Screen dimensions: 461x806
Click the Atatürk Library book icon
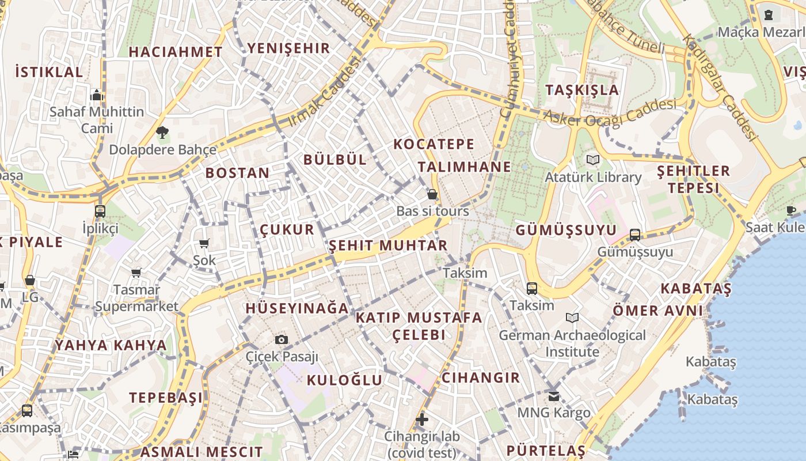click(593, 160)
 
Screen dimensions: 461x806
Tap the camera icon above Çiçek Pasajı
click(281, 339)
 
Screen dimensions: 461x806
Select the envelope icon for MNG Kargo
click(553, 396)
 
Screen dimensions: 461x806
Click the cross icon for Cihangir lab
click(422, 419)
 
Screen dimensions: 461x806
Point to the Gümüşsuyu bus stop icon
click(634, 235)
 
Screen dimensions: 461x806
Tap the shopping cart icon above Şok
click(204, 244)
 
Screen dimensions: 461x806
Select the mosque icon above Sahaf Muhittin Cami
click(97, 95)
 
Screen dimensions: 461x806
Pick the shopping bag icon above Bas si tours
click(432, 194)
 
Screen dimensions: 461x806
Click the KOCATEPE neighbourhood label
click(434, 144)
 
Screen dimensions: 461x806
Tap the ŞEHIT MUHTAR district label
click(388, 246)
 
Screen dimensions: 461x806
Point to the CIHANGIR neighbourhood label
click(480, 378)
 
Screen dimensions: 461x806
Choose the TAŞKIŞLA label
click(581, 90)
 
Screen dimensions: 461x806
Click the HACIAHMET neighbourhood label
click(175, 52)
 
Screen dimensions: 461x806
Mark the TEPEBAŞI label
click(166, 398)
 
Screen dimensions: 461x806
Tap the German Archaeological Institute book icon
click(572, 318)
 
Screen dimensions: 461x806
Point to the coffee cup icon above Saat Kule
click(791, 210)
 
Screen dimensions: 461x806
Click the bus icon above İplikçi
click(100, 211)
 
